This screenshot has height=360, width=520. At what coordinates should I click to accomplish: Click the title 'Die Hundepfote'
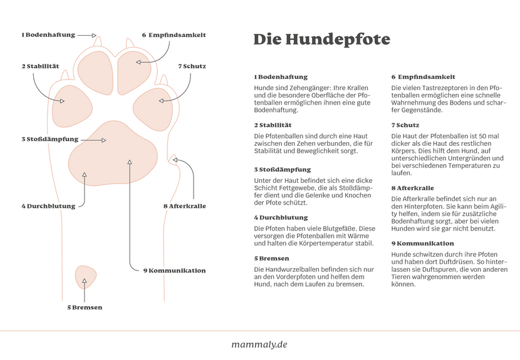tap(321, 39)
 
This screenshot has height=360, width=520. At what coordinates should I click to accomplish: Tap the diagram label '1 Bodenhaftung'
tap(48, 35)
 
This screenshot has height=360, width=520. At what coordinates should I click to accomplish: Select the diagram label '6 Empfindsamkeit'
tap(174, 35)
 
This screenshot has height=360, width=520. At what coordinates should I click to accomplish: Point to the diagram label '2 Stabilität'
tap(40, 66)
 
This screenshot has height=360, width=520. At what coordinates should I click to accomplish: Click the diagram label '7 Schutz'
tap(192, 66)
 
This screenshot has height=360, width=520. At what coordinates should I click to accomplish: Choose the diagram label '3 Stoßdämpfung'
tap(50, 139)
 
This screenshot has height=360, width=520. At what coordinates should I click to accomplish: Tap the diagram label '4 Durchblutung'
tap(48, 206)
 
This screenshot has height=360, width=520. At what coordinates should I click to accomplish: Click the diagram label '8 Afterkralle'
tap(184, 206)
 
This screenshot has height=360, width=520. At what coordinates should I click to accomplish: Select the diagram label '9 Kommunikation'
tap(174, 270)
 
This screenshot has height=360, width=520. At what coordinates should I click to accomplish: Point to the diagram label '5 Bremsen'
tap(85, 307)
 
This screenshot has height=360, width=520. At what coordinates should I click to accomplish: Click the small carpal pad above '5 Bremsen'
tap(84, 275)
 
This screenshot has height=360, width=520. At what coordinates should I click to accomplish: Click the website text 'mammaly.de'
tap(259, 344)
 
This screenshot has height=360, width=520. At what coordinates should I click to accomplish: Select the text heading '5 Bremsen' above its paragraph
tap(271, 258)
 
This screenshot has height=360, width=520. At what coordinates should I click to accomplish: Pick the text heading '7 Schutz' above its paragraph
tap(404, 125)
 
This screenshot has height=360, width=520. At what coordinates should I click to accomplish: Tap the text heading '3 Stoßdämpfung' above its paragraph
tap(282, 170)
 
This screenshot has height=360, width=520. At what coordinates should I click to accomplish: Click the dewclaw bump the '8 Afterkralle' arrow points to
tap(175, 158)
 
